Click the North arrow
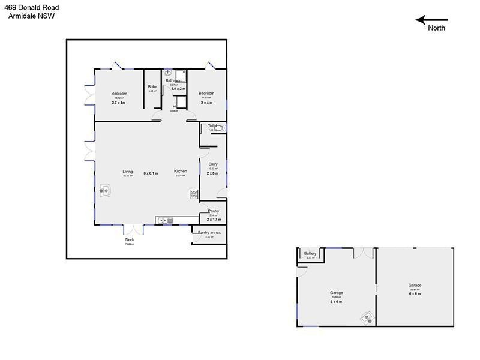pyautogui.click(x=431, y=20)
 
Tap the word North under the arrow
pyautogui.click(x=437, y=28)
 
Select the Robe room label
pyautogui.click(x=152, y=87)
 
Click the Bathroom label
pyautogui.click(x=174, y=80)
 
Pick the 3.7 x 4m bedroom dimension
pyautogui.click(x=119, y=103)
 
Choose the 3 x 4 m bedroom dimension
pyautogui.click(x=206, y=103)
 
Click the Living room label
pyautogui.click(x=128, y=172)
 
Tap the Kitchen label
pyautogui.click(x=181, y=172)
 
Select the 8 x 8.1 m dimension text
pyautogui.click(x=151, y=173)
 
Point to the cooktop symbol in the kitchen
pyautogui.click(x=194, y=194)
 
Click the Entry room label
pyautogui.click(x=213, y=164)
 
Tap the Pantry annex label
pyautogui.click(x=209, y=232)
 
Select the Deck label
pyautogui.click(x=130, y=240)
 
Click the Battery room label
pyautogui.click(x=310, y=253)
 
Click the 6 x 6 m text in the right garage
pyautogui.click(x=415, y=294)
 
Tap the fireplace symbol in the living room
pyautogui.click(x=105, y=191)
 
